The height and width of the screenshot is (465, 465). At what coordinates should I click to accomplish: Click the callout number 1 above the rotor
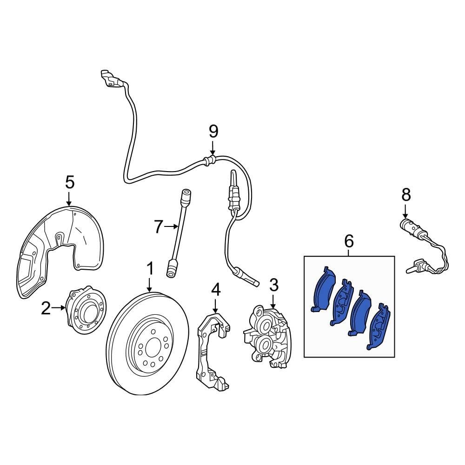tap(150, 269)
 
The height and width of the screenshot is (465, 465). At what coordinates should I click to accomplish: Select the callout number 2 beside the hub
tap(45, 308)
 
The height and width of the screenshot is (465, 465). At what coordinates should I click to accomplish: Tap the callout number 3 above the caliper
tap(273, 284)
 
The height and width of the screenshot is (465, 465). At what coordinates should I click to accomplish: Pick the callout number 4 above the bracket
tap(215, 290)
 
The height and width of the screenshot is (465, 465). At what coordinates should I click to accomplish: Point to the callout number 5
tap(69, 182)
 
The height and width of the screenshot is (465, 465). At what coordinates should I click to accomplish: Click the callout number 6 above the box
tap(349, 241)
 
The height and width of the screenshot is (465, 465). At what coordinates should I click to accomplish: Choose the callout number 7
tap(159, 227)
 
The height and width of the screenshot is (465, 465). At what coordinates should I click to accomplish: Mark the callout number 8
tap(406, 194)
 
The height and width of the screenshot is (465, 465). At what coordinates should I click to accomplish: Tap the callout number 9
tap(213, 132)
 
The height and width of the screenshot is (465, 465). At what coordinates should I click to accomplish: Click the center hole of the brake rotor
tap(152, 347)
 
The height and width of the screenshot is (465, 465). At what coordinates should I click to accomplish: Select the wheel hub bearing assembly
tap(86, 312)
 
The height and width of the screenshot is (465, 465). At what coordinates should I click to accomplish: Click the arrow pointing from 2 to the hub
tap(60, 308)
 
